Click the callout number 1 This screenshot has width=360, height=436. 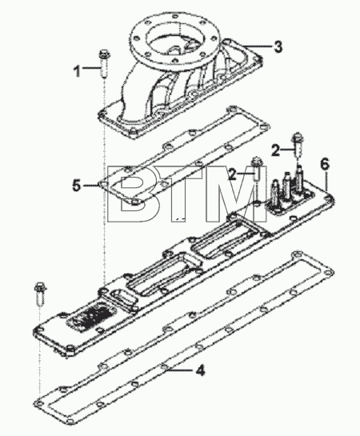(x=77, y=70)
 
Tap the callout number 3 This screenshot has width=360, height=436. (x=278, y=46)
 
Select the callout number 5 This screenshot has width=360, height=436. (x=77, y=185)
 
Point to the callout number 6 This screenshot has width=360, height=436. (x=325, y=164)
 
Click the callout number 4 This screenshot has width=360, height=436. (x=200, y=370)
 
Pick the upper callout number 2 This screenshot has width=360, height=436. (x=275, y=150)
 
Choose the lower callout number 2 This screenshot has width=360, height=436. (x=233, y=174)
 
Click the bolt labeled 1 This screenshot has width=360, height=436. (x=104, y=63)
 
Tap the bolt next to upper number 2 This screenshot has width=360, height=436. (x=297, y=146)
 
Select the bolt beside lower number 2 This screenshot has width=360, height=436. (x=256, y=169)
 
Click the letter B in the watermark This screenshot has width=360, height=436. (x=134, y=194)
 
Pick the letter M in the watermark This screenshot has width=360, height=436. (x=237, y=194)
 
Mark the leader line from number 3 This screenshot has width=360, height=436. (x=256, y=46)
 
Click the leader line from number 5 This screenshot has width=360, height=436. (x=90, y=185)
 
